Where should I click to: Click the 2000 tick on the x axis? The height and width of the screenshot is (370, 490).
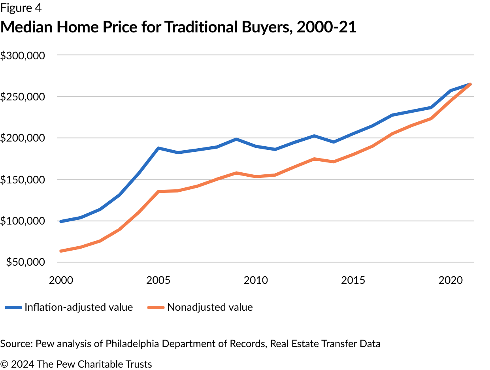[61, 281]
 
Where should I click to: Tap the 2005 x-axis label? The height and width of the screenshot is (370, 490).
[158, 281]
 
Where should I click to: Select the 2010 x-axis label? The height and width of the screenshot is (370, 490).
[256, 281]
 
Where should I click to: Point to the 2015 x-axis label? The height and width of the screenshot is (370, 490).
[353, 281]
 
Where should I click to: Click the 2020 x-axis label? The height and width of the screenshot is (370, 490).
[450, 281]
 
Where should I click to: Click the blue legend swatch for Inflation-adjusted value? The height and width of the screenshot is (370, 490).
[13, 308]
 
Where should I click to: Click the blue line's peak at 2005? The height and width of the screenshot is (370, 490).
[158, 148]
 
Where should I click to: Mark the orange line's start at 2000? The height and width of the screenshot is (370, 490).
[61, 251]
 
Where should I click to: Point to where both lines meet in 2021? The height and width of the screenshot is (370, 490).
[470, 84]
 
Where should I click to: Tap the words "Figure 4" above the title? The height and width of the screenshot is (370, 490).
[21, 8]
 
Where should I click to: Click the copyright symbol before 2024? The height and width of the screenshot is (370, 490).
[4, 364]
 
